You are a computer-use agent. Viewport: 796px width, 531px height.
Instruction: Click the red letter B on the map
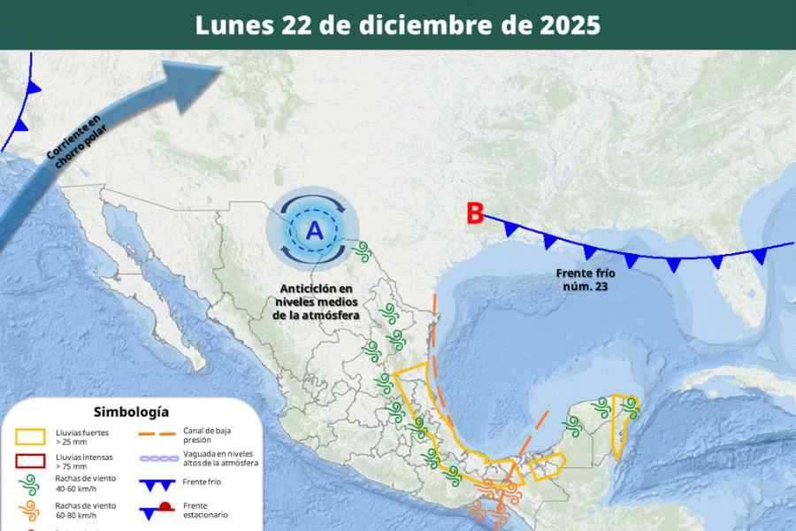(475, 213)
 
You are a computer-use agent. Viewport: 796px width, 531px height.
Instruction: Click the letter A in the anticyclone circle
(314, 231)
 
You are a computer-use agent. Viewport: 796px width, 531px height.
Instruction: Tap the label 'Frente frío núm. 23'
(585, 280)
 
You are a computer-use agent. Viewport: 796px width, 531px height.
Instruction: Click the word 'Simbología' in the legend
(131, 412)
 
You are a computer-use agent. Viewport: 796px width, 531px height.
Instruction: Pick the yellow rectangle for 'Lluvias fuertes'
(30, 436)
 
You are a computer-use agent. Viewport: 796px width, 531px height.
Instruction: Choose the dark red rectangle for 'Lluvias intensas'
(30, 460)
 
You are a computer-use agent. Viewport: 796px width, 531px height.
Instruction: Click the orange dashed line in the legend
(158, 434)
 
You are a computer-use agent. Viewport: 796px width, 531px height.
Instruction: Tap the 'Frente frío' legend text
(203, 482)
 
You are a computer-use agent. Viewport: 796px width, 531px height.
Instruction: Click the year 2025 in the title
(570, 25)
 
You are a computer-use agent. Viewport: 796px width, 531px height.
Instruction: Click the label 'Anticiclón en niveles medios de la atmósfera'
(316, 301)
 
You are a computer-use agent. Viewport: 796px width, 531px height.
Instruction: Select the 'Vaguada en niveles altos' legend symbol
(158, 458)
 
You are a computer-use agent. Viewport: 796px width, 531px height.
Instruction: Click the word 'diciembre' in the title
(426, 25)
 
